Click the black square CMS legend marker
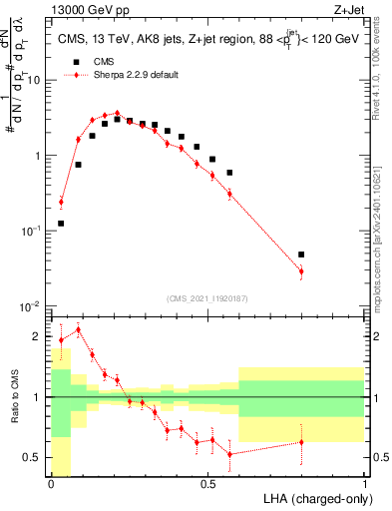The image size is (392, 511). click(75, 62)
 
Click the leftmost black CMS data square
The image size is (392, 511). click(61, 224)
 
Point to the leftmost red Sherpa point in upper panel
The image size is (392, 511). click(61, 202)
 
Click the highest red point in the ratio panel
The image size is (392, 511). click(78, 329)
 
